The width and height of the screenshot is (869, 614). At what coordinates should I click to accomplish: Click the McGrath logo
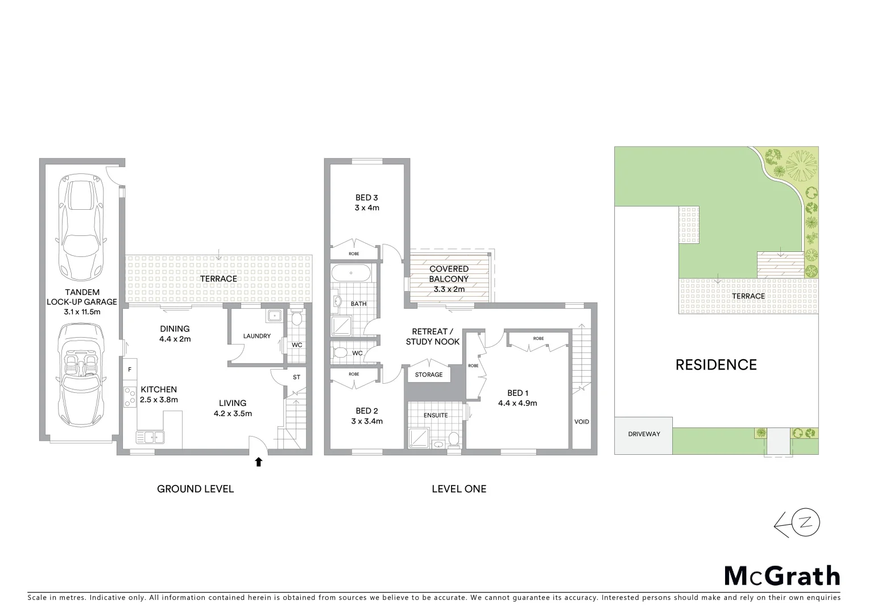pyautogui.click(x=782, y=575)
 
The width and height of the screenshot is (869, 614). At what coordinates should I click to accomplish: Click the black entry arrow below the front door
pyautogui.click(x=259, y=462)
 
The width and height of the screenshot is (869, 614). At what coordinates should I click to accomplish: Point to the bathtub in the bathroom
pyautogui.click(x=351, y=273)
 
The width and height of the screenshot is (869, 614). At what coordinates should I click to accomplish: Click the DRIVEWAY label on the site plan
pyautogui.click(x=644, y=434)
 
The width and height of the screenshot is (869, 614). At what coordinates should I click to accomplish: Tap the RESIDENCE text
pyautogui.click(x=716, y=365)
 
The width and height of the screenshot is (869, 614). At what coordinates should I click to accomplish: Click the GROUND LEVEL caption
pyautogui.click(x=195, y=489)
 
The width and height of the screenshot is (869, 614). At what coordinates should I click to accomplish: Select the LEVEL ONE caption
pyautogui.click(x=459, y=489)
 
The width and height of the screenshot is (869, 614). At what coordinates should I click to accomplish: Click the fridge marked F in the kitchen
pyautogui.click(x=130, y=370)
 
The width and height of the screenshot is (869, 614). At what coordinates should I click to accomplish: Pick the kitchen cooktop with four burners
pyautogui.click(x=129, y=396)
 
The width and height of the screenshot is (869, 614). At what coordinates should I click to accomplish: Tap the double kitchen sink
pyautogui.click(x=150, y=437)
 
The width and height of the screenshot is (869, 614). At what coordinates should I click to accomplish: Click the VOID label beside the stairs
pyautogui.click(x=581, y=422)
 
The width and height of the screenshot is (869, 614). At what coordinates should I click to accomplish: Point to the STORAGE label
pyautogui.click(x=428, y=375)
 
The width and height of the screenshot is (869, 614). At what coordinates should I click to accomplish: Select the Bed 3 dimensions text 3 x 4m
pyautogui.click(x=367, y=208)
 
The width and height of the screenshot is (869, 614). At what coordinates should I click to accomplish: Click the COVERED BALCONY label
pyautogui.click(x=449, y=274)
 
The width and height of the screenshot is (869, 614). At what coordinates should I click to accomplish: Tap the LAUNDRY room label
pyautogui.click(x=256, y=336)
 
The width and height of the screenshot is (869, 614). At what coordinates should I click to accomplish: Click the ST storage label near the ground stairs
pyautogui.click(x=296, y=377)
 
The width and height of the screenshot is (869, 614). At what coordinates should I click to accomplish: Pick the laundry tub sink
pyautogui.click(x=275, y=315)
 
